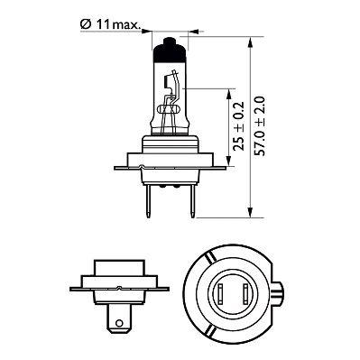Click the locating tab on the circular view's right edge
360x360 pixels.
(285, 293)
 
